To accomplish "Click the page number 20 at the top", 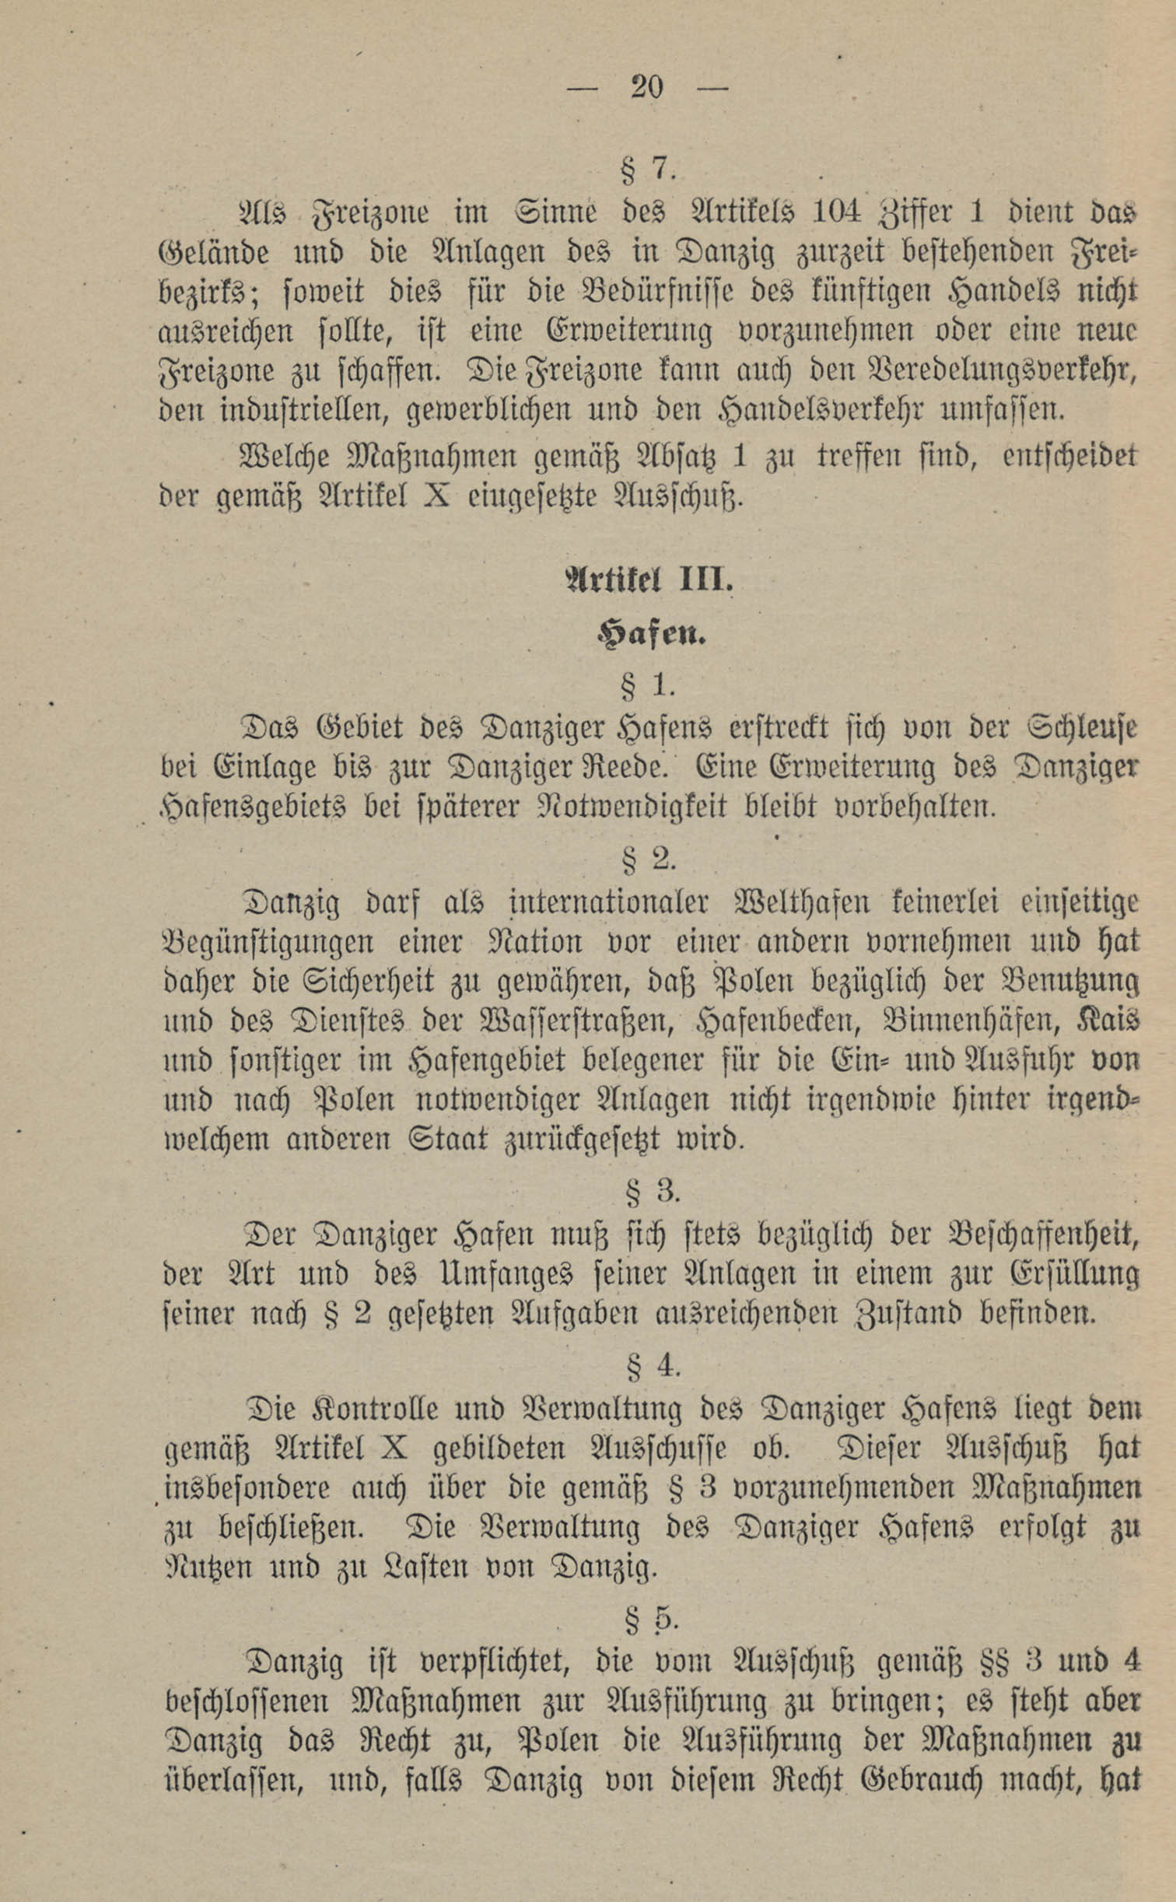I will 647,87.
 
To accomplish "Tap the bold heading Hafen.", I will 650,636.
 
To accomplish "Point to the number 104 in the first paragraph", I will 835,212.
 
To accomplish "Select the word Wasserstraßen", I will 576,1021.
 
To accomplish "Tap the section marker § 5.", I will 652,1618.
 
